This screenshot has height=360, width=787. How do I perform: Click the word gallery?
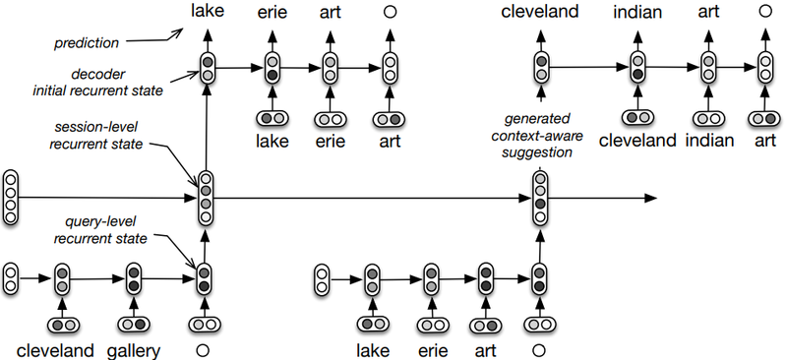pos(136,350)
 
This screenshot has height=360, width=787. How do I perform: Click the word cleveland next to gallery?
pos(54,350)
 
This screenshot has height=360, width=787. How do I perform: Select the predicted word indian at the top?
pos(637,13)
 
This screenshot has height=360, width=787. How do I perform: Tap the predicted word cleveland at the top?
pos(541,13)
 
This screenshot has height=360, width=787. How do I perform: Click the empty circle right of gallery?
pos(205,349)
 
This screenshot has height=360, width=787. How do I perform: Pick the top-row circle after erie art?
pos(391,13)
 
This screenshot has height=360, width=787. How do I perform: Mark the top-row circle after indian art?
pos(766,13)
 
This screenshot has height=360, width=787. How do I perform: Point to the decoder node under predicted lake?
pos(207,67)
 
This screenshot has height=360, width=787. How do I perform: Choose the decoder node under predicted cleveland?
pos(541,67)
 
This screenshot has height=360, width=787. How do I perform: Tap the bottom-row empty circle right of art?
pos(539,349)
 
